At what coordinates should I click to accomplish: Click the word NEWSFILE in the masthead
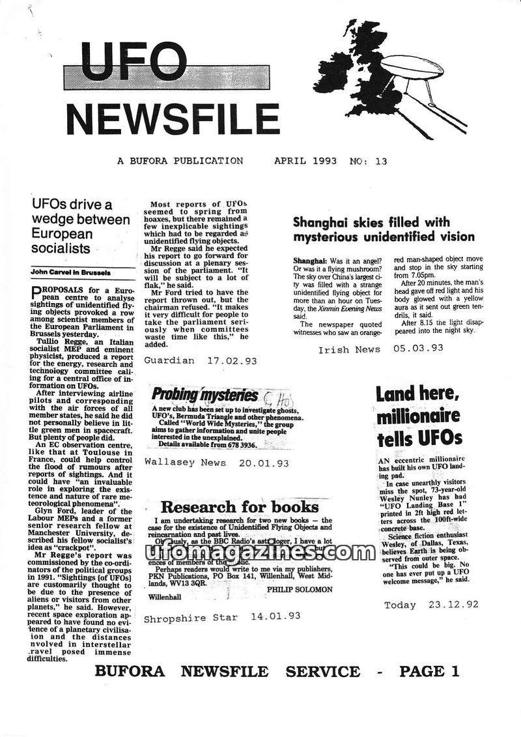pyautogui.click(x=173, y=119)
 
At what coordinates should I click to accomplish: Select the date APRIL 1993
pyautogui.click(x=305, y=160)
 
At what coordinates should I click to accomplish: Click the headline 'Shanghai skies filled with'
pyautogui.click(x=371, y=222)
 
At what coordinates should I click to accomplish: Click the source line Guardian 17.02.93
pyautogui.click(x=200, y=360)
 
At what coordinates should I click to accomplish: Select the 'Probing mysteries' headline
pyautogui.click(x=195, y=394)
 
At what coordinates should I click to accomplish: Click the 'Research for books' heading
pyautogui.click(x=234, y=507)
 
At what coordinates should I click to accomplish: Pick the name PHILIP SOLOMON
pyautogui.click(x=300, y=589)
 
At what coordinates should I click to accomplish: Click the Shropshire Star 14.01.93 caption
pyautogui.click(x=221, y=616)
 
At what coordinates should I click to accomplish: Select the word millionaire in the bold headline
pyautogui.click(x=418, y=416)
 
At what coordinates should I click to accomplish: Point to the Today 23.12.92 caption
pyautogui.click(x=431, y=605)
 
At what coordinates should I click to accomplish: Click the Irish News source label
pyautogui.click(x=349, y=349)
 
